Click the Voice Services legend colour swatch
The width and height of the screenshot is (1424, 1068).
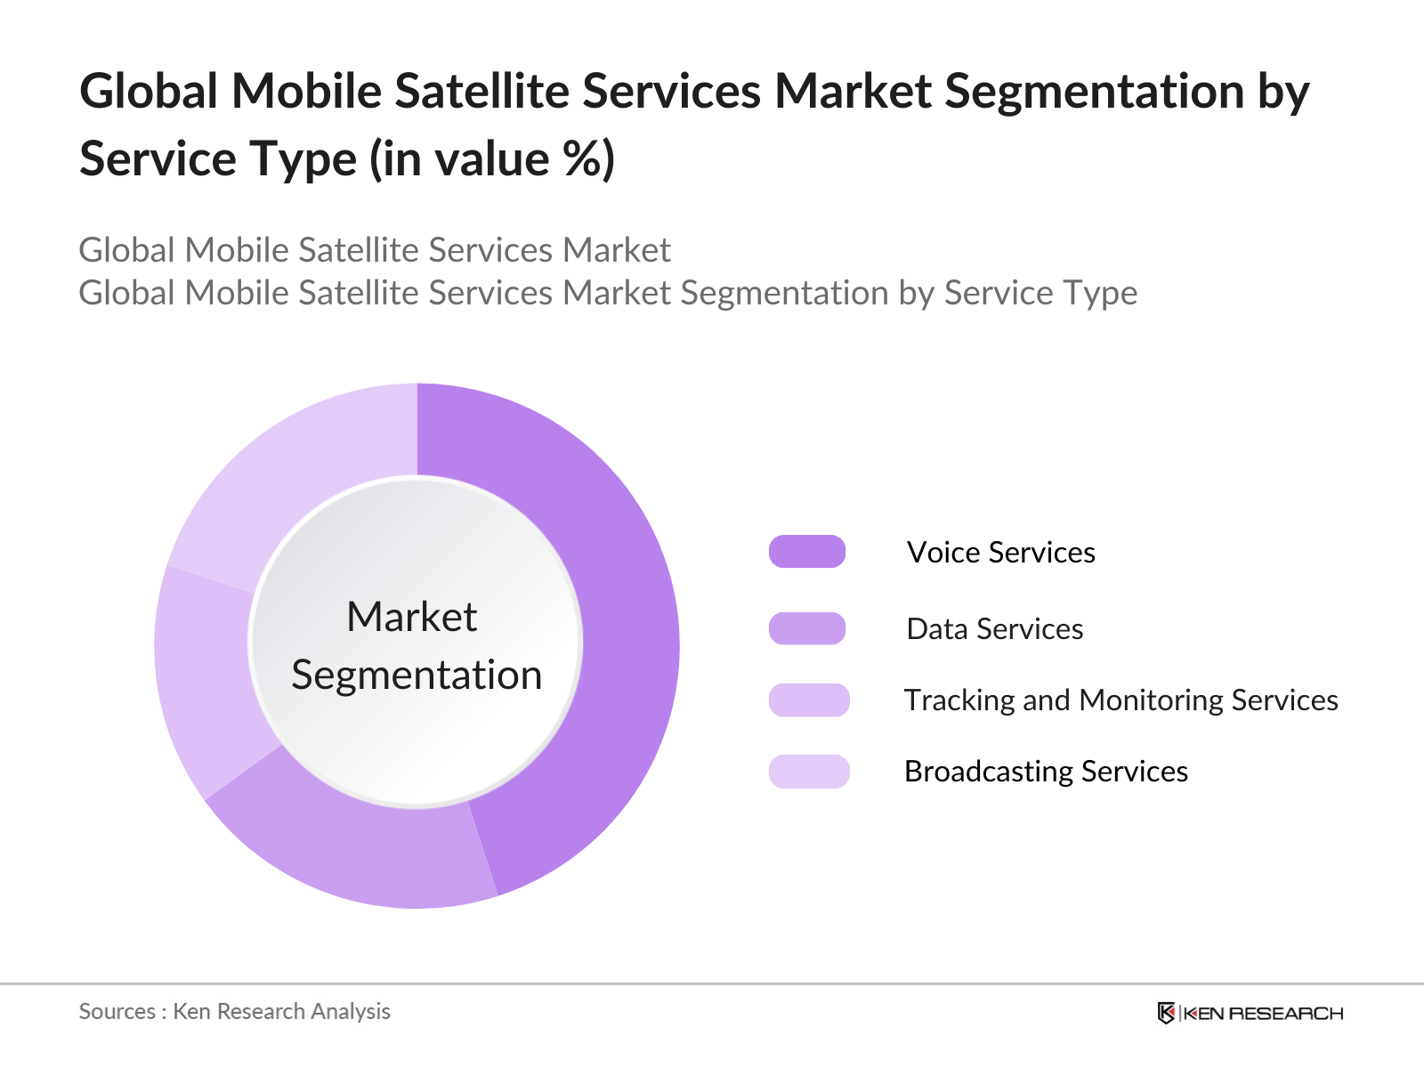click(x=807, y=552)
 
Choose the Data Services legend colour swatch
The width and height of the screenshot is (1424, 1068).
click(x=807, y=628)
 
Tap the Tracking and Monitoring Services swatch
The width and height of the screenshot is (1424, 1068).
click(x=809, y=700)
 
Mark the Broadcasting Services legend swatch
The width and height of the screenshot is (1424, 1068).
click(x=809, y=771)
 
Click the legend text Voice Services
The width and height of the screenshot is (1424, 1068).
click(x=1001, y=552)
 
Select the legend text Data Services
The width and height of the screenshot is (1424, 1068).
click(x=994, y=628)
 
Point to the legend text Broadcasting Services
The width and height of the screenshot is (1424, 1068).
click(x=1046, y=771)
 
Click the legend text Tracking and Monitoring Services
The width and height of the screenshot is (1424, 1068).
click(x=1121, y=700)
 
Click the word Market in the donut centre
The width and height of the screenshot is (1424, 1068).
click(x=412, y=617)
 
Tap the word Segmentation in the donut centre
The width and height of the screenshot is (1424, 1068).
click(x=417, y=675)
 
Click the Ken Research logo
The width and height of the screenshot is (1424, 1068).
click(x=1250, y=1013)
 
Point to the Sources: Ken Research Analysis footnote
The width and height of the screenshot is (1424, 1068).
click(x=234, y=1011)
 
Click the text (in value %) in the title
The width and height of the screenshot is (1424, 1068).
click(x=491, y=159)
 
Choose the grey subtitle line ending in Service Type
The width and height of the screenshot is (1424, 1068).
click(x=608, y=293)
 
